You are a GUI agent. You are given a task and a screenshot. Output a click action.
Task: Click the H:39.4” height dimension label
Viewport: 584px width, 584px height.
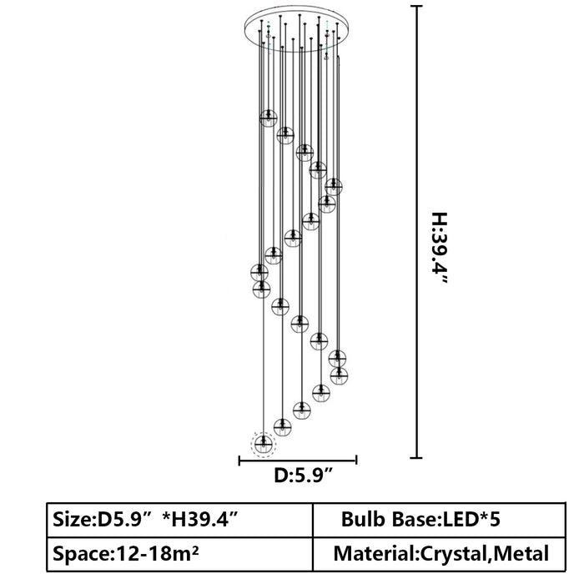click(440, 248)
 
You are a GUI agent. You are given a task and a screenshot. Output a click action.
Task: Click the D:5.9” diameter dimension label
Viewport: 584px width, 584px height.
click(303, 476)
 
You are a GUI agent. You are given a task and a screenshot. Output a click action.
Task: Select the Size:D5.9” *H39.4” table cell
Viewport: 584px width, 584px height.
click(180, 520)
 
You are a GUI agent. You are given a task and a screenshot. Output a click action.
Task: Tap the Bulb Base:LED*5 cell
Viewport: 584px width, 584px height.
click(439, 520)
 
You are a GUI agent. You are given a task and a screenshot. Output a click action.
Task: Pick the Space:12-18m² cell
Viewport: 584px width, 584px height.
click(180, 554)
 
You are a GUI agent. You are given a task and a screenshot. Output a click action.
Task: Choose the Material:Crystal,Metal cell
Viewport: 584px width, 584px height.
click(439, 554)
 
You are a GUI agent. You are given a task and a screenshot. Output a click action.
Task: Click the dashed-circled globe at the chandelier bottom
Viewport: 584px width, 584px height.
click(264, 444)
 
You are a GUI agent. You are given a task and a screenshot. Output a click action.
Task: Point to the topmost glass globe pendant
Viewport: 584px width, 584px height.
click(268, 118)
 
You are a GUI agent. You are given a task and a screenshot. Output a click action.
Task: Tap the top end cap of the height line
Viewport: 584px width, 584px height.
click(416, 7)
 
